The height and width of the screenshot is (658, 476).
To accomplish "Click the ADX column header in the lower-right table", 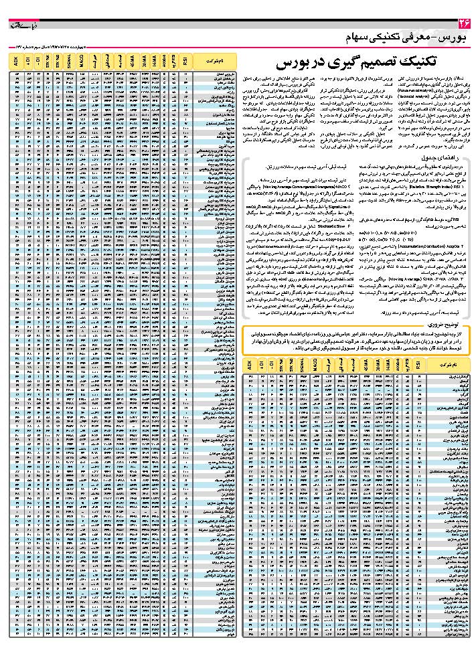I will [x=249, y=365].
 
